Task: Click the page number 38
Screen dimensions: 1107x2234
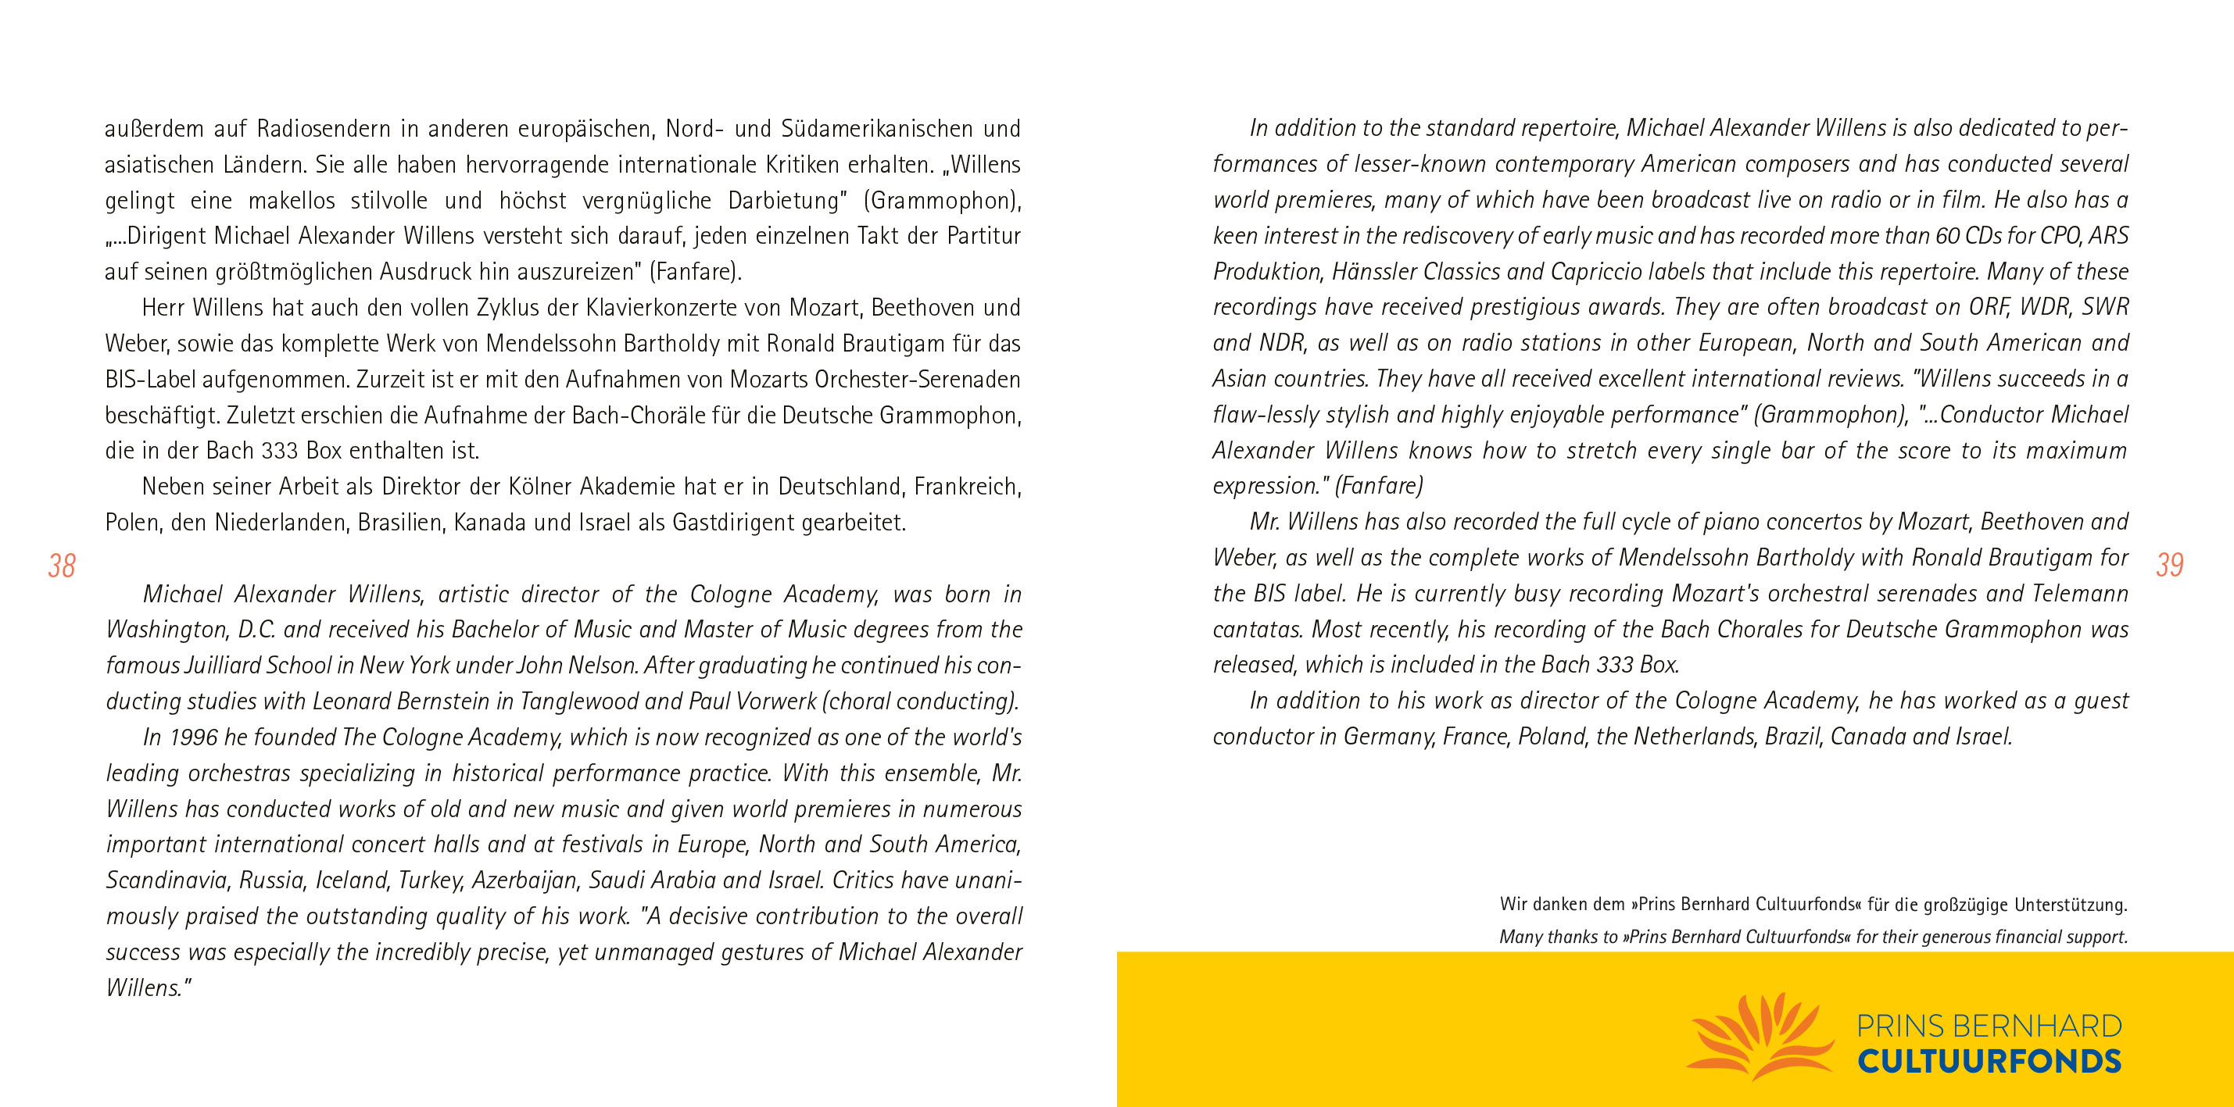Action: tap(62, 566)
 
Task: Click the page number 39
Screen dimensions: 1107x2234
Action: tap(2169, 565)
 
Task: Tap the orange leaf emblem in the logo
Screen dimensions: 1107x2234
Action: tap(1760, 1037)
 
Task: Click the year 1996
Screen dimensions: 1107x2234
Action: tap(192, 737)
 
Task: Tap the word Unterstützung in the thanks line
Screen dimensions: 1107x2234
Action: tap(2070, 905)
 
